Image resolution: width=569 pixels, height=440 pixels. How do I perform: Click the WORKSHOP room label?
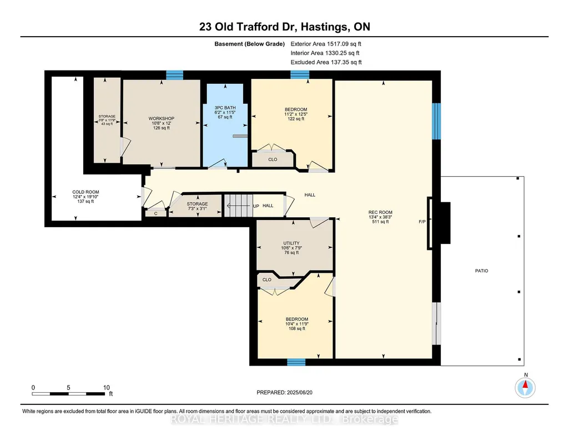162,118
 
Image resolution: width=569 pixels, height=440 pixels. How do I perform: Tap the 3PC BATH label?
225,107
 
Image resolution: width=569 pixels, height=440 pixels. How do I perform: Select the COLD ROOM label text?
85,192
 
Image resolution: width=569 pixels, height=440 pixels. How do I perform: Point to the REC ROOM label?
380,212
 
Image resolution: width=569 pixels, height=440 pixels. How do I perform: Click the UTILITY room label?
291,243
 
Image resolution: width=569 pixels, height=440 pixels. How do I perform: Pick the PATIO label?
481,271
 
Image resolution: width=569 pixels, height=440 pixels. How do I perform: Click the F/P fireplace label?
422,222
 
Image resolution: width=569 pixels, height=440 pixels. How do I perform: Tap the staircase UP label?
256,206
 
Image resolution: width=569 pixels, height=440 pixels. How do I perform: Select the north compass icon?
525,387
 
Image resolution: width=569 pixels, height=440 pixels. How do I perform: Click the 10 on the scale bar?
107,387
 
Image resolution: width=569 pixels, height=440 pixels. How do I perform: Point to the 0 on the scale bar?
33,387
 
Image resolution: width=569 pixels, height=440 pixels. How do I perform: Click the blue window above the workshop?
174,75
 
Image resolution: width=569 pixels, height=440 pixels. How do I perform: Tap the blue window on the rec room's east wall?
436,121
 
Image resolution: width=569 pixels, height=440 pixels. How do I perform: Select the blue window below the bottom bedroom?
296,362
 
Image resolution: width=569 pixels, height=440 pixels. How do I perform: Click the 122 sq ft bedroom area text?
296,119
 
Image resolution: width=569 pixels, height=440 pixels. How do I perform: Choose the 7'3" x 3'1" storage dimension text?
197,209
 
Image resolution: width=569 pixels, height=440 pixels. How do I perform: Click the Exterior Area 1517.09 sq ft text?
326,44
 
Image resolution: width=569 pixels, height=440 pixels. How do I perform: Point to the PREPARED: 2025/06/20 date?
284,392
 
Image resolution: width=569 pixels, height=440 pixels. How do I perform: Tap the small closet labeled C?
155,213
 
